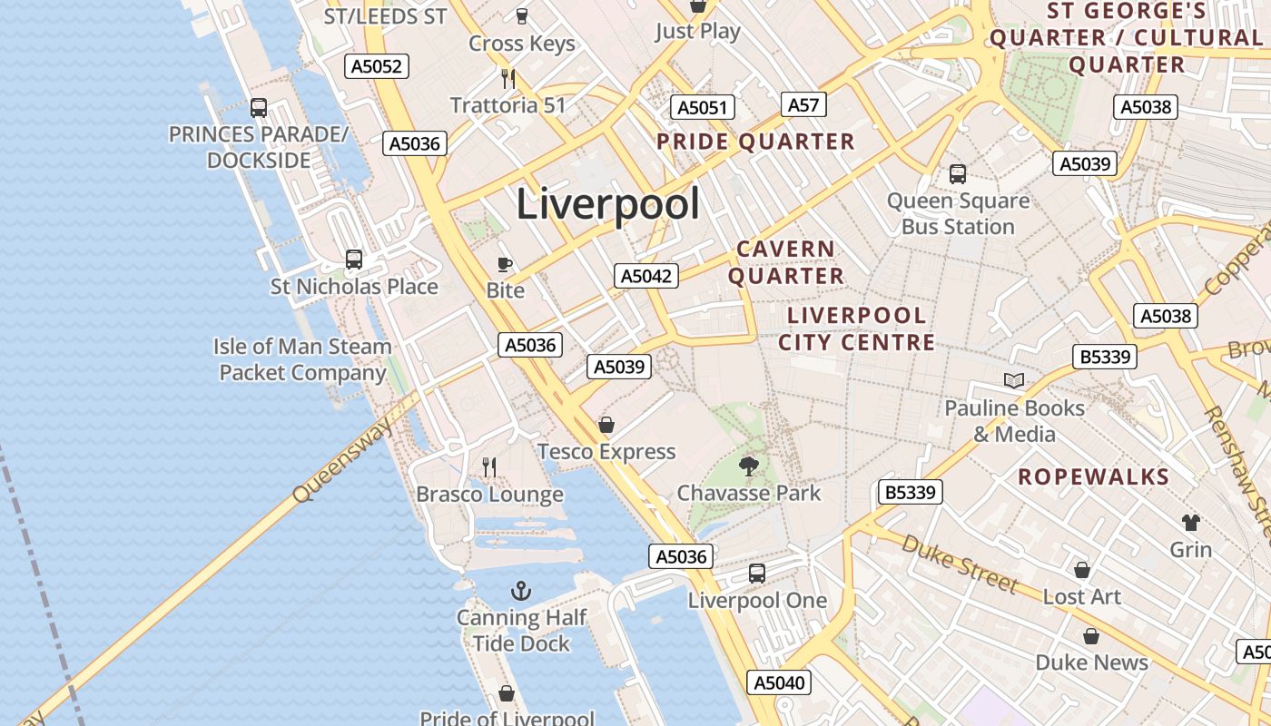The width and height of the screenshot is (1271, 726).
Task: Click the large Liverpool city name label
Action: [x=608, y=204]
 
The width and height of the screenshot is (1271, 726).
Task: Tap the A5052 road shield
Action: [x=377, y=66]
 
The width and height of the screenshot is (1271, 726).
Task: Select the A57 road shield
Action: [x=803, y=105]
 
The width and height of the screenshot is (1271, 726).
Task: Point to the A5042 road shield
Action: [x=646, y=276]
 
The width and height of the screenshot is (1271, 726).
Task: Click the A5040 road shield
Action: [x=780, y=682]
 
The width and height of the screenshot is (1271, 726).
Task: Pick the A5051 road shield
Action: [x=703, y=108]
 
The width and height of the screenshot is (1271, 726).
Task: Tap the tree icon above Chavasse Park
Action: [x=749, y=466]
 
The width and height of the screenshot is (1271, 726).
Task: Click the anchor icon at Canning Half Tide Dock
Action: [x=521, y=592]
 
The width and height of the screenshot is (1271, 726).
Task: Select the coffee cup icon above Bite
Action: [x=505, y=264]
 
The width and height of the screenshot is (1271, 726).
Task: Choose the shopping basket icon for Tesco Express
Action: [x=606, y=425]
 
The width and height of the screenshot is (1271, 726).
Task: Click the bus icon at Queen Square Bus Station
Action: [x=957, y=174]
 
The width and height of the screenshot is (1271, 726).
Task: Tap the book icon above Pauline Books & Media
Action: [x=1014, y=381]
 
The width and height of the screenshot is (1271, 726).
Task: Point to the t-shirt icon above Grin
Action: [x=1190, y=523]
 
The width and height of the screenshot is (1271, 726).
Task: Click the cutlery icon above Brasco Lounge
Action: [x=489, y=467]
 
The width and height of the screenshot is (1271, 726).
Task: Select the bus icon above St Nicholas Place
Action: [x=354, y=260]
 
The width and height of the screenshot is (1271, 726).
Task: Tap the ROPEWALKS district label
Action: [x=1093, y=477]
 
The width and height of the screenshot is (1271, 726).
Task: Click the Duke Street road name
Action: [x=959, y=563]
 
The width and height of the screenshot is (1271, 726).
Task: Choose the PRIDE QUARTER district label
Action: [x=755, y=142]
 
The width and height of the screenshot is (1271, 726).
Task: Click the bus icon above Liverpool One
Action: [x=757, y=574]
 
